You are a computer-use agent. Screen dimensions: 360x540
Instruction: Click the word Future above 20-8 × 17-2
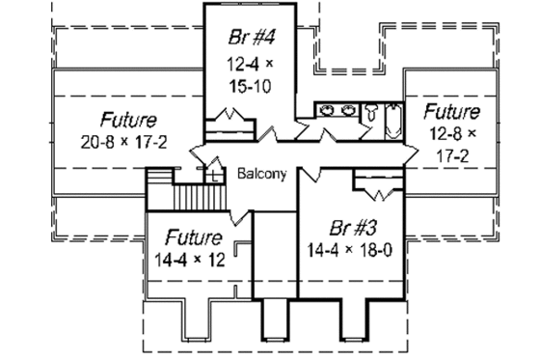pyautogui.click(x=129, y=121)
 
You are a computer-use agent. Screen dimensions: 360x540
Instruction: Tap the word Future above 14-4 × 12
pyautogui.click(x=194, y=236)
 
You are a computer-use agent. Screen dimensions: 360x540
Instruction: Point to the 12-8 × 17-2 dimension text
pyautogui.click(x=452, y=140)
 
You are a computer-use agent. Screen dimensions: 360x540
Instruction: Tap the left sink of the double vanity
pyautogui.click(x=326, y=110)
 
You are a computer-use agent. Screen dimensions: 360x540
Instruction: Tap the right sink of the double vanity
pyautogui.click(x=346, y=110)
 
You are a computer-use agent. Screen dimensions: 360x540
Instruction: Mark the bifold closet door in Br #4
pyautogui.click(x=230, y=118)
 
